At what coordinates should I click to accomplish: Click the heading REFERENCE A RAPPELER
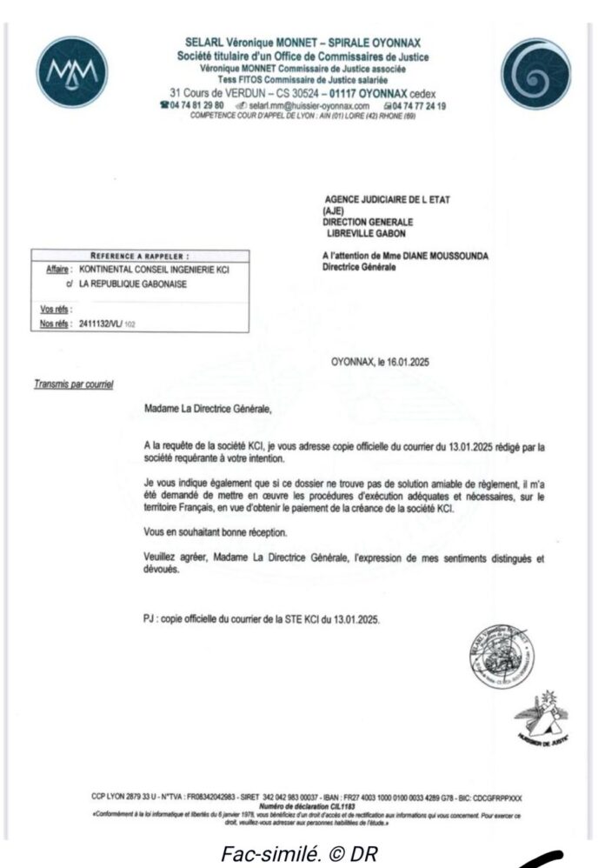coord(140,257)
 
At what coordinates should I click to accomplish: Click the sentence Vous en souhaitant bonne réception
coord(217,531)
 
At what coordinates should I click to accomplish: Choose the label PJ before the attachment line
coord(151,619)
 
